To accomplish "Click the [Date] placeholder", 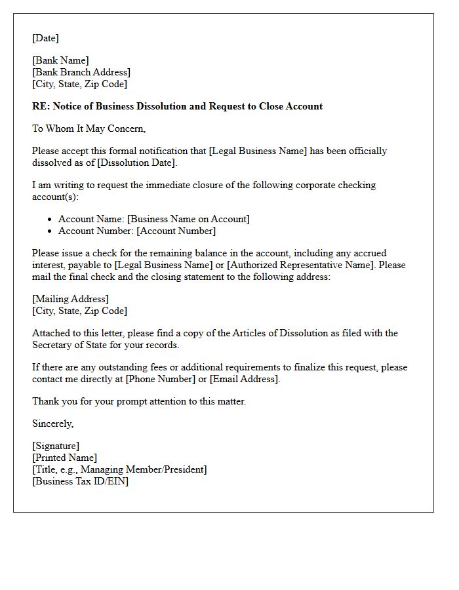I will pyautogui.click(x=45, y=38).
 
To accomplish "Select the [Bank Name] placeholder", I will pyautogui.click(x=60, y=60).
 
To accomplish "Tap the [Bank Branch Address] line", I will pyautogui.click(x=81, y=72).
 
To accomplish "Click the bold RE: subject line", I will pyautogui.click(x=177, y=106).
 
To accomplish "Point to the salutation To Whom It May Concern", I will pyautogui.click(x=89, y=128).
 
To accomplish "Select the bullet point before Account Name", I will pyautogui.click(x=50, y=220).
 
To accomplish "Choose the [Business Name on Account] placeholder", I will pyautogui.click(x=188, y=219).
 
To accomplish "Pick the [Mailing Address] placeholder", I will pyautogui.click(x=71, y=299).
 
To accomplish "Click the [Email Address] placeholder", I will pyautogui.click(x=244, y=379).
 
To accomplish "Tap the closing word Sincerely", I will pyautogui.click(x=52, y=423).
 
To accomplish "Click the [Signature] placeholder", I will pyautogui.click(x=56, y=446).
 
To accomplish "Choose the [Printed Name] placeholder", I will pyautogui.click(x=64, y=458).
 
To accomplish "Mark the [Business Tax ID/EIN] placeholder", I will pyautogui.click(x=80, y=481).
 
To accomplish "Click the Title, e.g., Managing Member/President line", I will pyautogui.click(x=119, y=469).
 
